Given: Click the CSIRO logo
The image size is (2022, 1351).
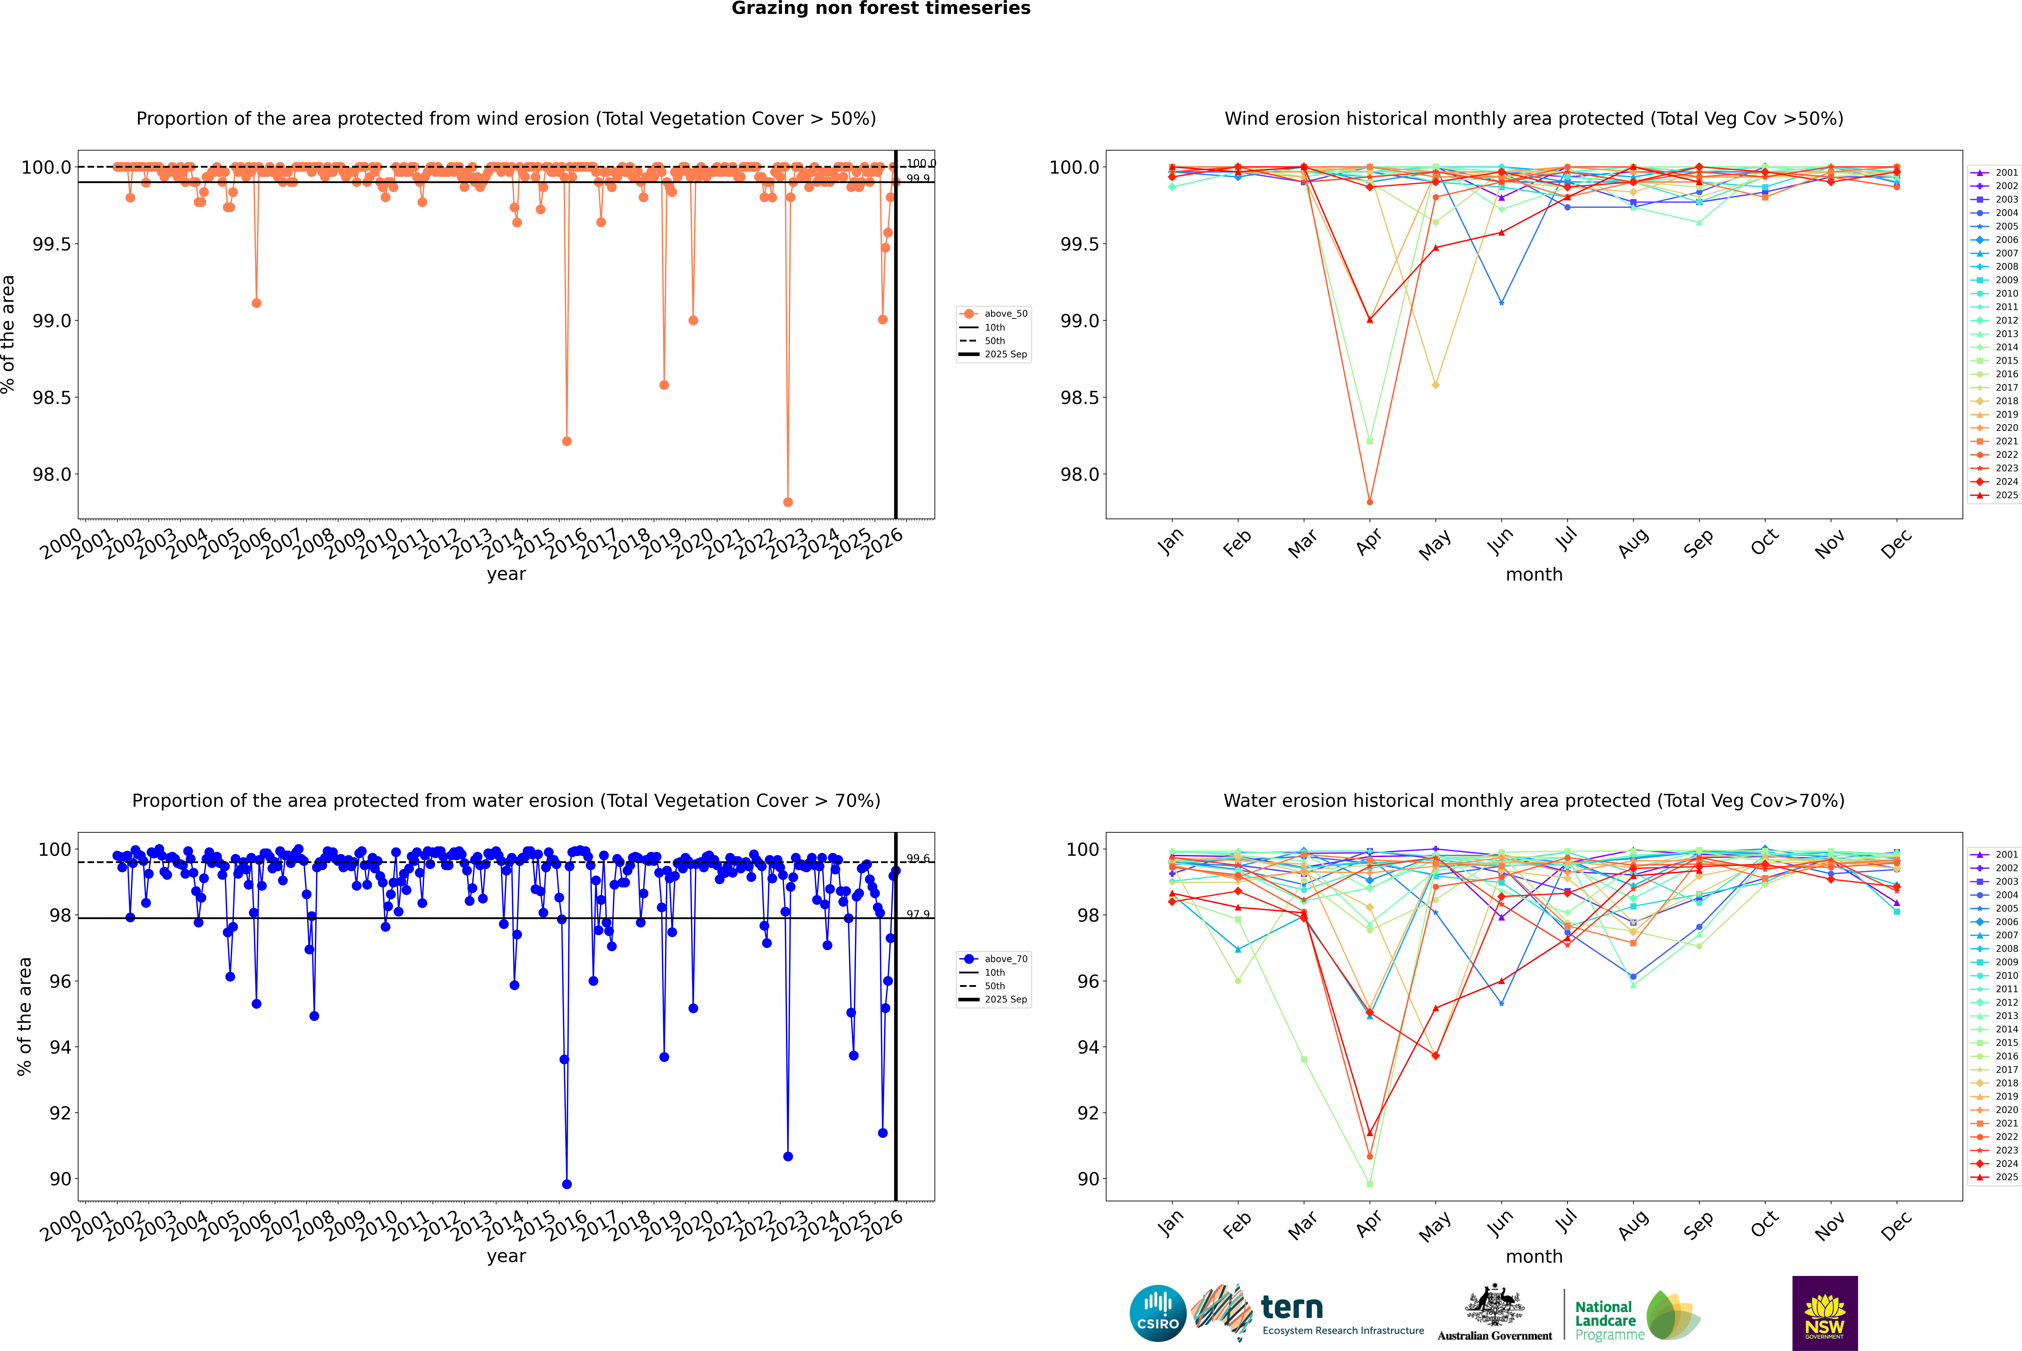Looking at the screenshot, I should click(1158, 1313).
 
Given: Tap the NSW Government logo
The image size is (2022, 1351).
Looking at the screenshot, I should click(1825, 1313).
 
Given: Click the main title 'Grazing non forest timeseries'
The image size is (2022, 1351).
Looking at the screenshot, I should click(881, 9).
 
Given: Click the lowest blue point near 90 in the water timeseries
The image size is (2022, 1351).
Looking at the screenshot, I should click(566, 1184).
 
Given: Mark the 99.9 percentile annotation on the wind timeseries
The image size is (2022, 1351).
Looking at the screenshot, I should click(918, 178).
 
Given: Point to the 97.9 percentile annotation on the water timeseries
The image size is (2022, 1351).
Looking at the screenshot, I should click(918, 914).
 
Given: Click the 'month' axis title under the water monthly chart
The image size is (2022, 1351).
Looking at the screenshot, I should click(1533, 1256).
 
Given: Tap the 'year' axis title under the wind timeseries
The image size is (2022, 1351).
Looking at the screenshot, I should click(506, 574).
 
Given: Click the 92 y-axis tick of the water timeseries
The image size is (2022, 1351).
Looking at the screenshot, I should click(60, 1113).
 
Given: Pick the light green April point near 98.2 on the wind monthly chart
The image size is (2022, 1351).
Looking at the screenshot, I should click(1370, 441).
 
